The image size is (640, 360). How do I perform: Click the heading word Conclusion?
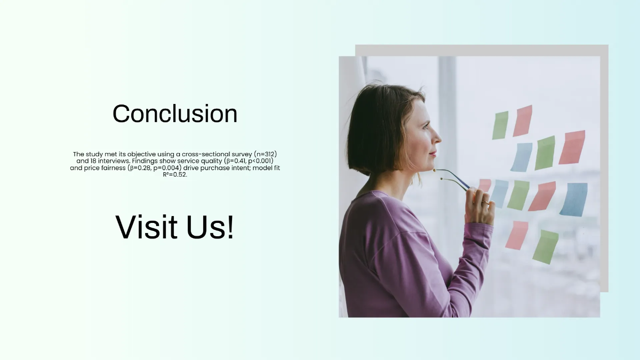tap(175, 114)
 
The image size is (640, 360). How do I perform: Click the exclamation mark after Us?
tap(229, 227)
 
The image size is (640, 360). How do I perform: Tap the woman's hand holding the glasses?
tap(478, 205)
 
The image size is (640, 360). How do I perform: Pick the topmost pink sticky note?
tap(523, 121)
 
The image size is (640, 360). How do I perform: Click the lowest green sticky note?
tap(545, 246)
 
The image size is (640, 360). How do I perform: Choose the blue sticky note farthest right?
tap(574, 199)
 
